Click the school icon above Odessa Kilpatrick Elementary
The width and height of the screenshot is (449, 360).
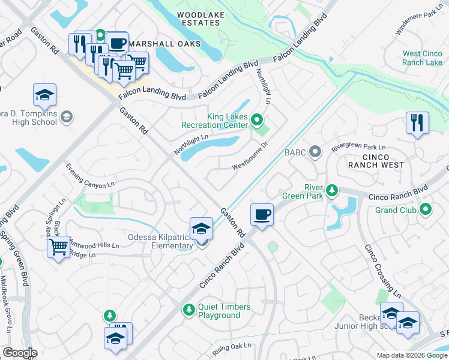click(201, 228)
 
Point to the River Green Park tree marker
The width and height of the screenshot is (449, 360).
click(331, 192)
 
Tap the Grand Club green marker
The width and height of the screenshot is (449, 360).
click(426, 209)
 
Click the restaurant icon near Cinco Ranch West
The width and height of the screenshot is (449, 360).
click(417, 123)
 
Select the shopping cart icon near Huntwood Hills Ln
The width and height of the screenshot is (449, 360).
click(59, 246)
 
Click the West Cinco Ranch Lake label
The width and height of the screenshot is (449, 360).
click(423, 58)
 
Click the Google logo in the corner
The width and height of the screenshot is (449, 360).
click(19, 353)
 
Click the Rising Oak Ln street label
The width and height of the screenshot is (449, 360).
click(231, 347)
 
